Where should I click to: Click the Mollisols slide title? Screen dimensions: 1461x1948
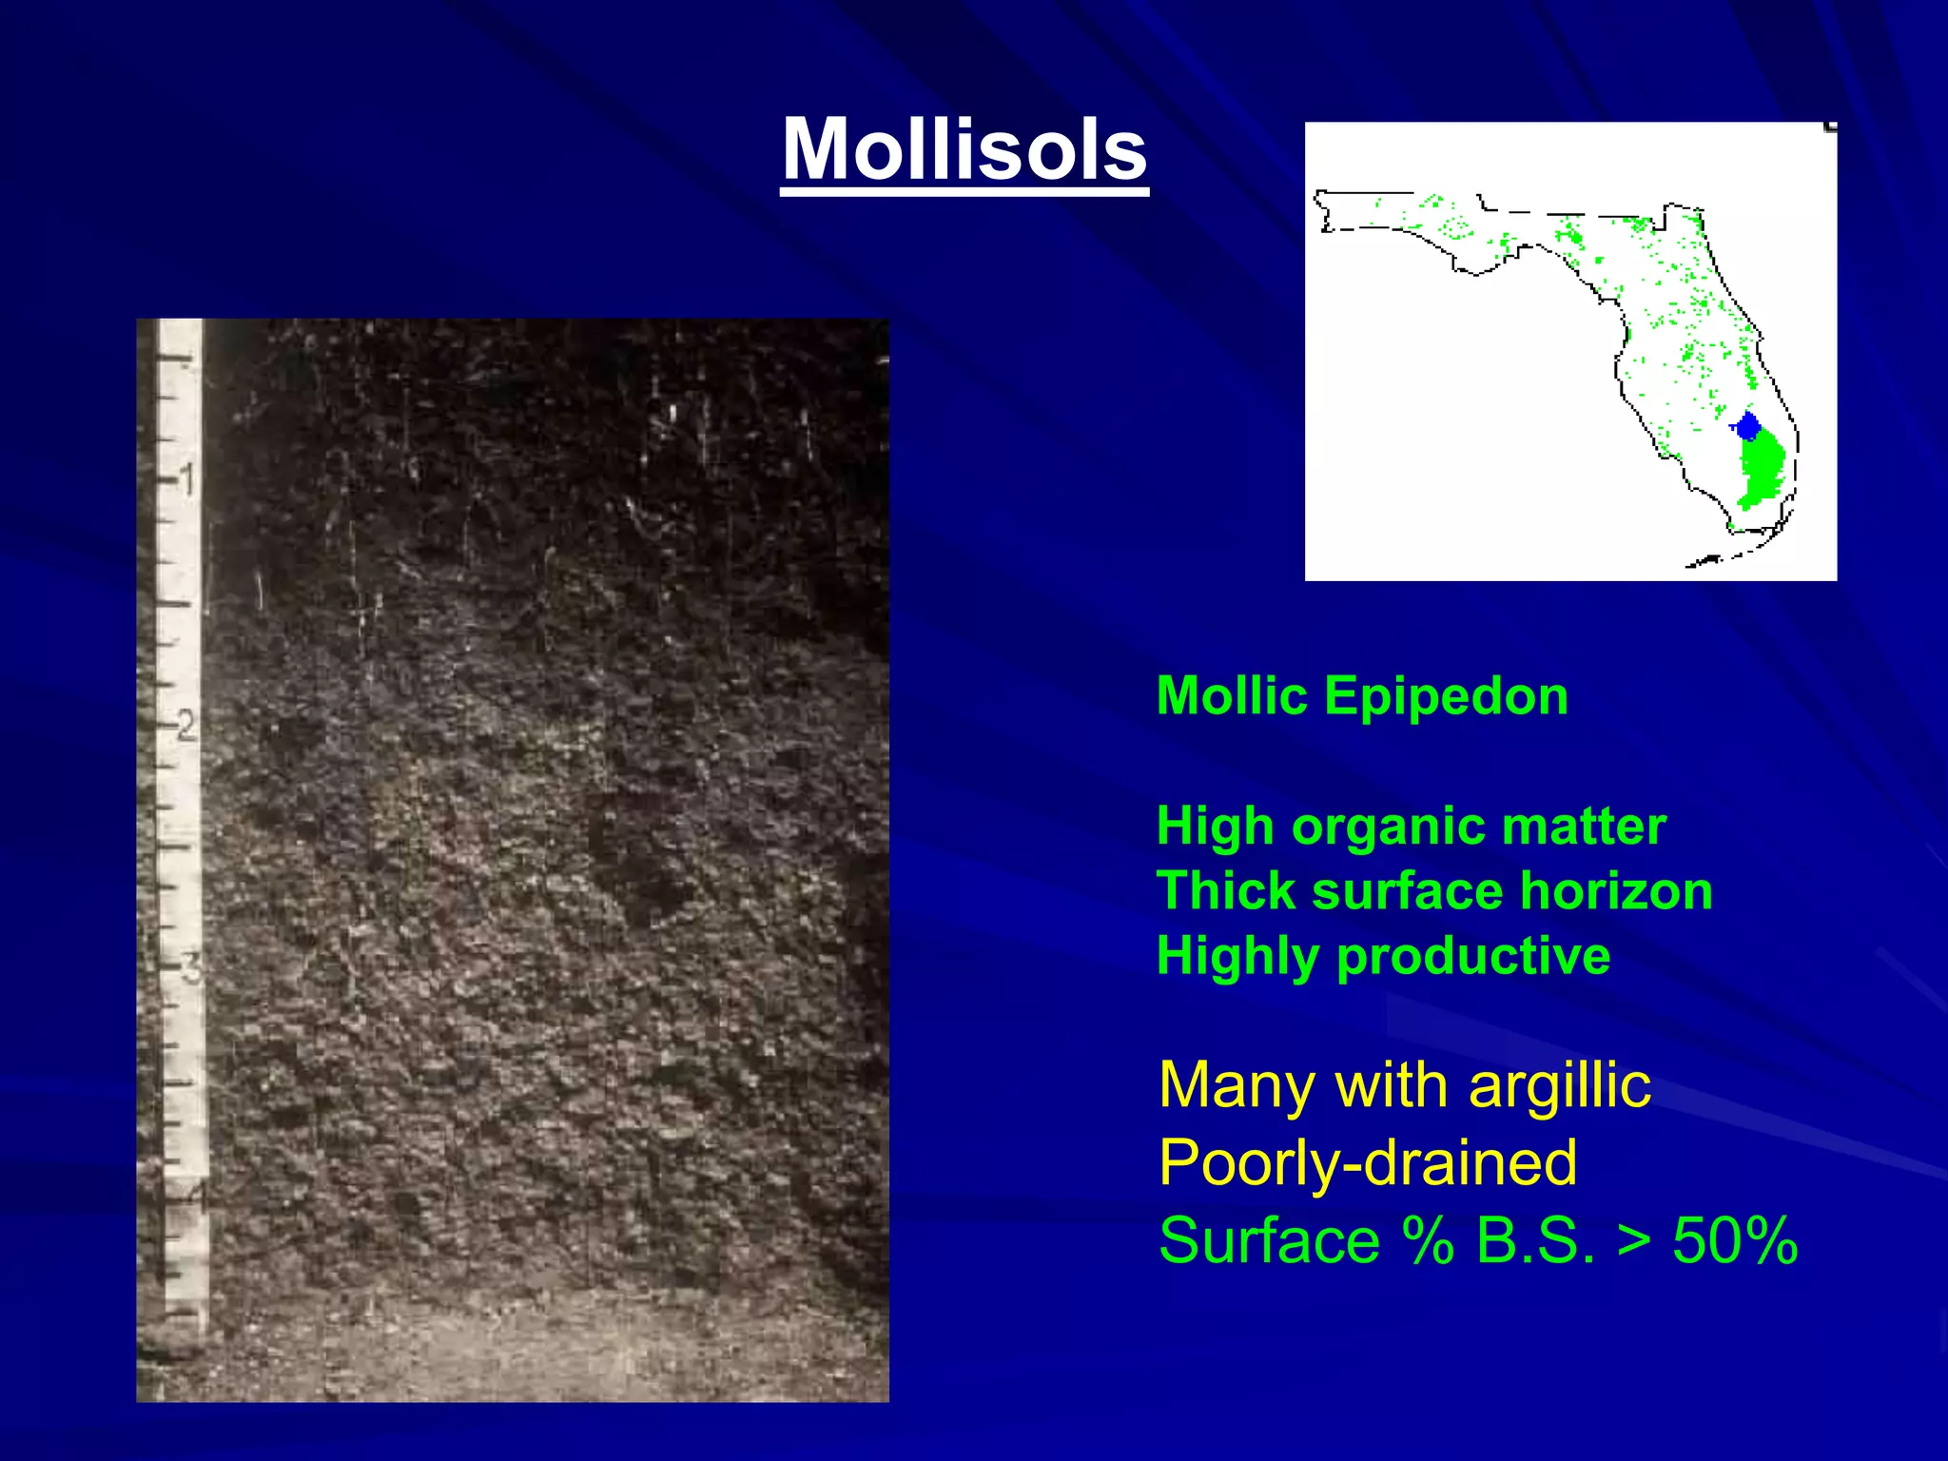tap(964, 150)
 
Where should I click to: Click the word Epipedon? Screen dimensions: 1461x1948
tap(1446, 697)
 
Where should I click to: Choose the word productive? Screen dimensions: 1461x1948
tap(1473, 957)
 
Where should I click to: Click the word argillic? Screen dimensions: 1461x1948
tap(1560, 1087)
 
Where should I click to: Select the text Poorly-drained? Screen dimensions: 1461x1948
tap(1368, 1163)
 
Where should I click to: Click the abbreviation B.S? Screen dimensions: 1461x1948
tap(1534, 1241)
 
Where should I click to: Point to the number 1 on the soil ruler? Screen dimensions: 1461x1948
tap(188, 478)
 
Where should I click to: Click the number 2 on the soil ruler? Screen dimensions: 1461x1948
tap(186, 727)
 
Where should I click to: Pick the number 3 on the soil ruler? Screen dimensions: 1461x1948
tap(191, 969)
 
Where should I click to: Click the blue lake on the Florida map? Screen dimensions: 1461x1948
tap(1746, 425)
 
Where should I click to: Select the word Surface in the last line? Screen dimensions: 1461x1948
tap(1269, 1241)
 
